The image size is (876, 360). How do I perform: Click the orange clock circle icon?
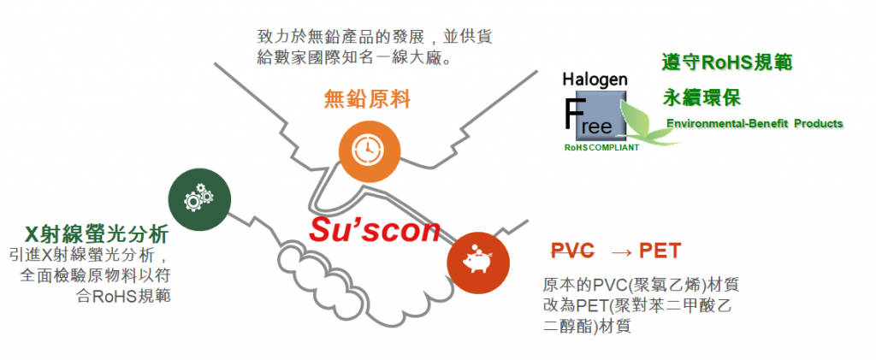(x=369, y=150)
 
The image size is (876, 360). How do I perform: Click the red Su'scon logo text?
(x=376, y=229)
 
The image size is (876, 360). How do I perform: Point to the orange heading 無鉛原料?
(x=368, y=99)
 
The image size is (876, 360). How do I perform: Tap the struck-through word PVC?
(x=572, y=251)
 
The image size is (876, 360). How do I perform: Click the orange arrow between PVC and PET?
(x=622, y=251)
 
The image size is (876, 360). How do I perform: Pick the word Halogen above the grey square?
(x=595, y=80)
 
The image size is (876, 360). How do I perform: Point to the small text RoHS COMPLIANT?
(x=601, y=147)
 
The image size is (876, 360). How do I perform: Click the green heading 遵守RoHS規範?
(x=726, y=62)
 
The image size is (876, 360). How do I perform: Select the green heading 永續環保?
(x=701, y=96)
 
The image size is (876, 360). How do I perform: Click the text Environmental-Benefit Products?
(x=755, y=124)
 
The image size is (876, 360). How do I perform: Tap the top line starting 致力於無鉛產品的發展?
(x=375, y=38)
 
